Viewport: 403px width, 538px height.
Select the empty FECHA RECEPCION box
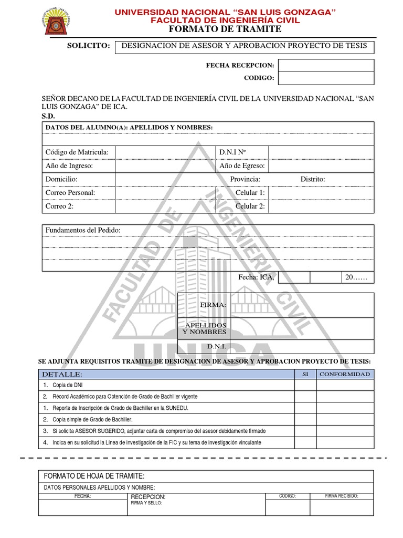325,65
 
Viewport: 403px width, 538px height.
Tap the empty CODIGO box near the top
325,78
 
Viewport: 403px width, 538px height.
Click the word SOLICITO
88,46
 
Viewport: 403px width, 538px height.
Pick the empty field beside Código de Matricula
165,152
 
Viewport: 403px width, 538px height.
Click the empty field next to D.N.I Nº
321,152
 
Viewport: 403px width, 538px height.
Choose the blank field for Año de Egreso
321,166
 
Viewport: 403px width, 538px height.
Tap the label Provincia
245,180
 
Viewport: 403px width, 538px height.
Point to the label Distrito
313,180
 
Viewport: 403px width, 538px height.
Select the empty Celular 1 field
321,193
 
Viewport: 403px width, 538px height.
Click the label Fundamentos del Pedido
83,231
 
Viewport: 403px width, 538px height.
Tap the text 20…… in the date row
356,277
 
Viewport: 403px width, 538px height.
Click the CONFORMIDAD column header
345,374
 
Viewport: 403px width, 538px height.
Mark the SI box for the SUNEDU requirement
305,408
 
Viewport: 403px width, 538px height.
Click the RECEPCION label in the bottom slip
148,496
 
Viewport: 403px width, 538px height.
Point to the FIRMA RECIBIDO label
342,495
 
